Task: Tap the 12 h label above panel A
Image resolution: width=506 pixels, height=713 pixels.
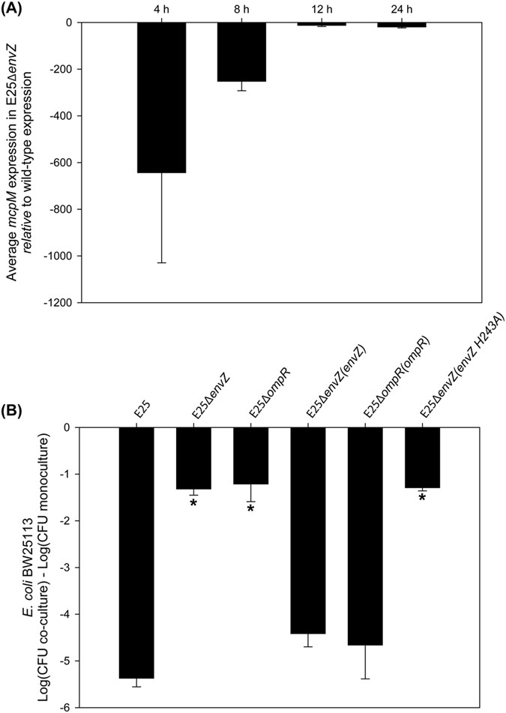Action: (x=322, y=10)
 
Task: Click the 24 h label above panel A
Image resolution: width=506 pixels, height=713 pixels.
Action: (x=401, y=10)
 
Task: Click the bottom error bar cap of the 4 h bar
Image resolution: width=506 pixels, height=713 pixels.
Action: (x=161, y=262)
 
